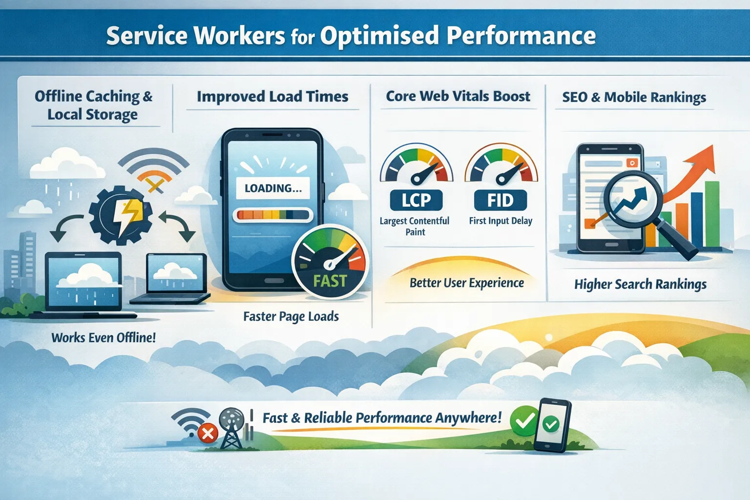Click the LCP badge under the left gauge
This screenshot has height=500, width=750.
coord(416,200)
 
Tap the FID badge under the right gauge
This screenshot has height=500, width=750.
coord(500,200)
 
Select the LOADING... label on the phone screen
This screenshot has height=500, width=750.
coord(272,188)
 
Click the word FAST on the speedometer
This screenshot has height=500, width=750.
coord(330,281)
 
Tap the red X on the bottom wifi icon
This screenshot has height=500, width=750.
coord(208,433)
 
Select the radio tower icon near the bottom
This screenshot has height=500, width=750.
coord(231,428)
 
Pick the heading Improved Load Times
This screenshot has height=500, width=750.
coord(272,97)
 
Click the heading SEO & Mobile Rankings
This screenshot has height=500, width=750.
coord(634,97)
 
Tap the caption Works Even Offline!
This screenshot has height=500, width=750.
coord(104,337)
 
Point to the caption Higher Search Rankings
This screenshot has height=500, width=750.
coord(640,284)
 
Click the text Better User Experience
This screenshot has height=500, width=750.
coord(466,283)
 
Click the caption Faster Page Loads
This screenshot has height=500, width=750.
coord(291,316)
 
